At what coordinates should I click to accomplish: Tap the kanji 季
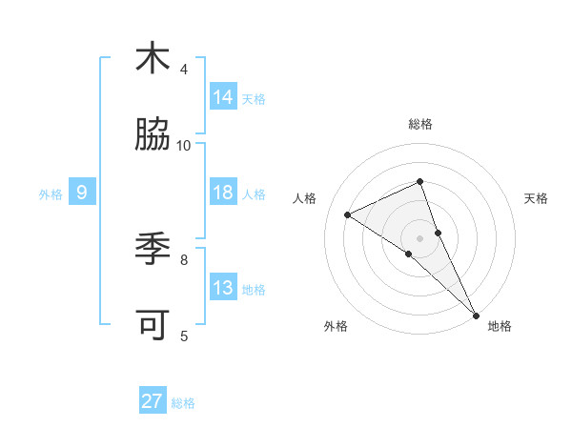[153, 249]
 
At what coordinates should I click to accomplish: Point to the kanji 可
[153, 325]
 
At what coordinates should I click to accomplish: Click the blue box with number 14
[223, 97]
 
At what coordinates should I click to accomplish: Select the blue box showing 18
[223, 193]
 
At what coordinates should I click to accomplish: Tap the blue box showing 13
[223, 288]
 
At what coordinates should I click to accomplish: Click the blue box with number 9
[82, 193]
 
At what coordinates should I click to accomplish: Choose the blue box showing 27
[153, 401]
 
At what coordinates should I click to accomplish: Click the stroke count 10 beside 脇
[184, 146]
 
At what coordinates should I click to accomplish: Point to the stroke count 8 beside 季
[184, 258]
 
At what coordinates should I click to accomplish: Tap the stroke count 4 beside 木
[184, 70]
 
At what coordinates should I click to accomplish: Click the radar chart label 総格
[420, 125]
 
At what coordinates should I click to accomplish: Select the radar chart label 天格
[536, 198]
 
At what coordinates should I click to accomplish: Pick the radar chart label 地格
[500, 326]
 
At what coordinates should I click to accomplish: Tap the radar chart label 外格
[336, 326]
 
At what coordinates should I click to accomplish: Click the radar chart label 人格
[305, 198]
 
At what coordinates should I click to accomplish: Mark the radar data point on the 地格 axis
[476, 314]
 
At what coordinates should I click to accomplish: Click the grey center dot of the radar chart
[420, 237]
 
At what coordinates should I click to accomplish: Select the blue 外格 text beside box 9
[51, 193]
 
